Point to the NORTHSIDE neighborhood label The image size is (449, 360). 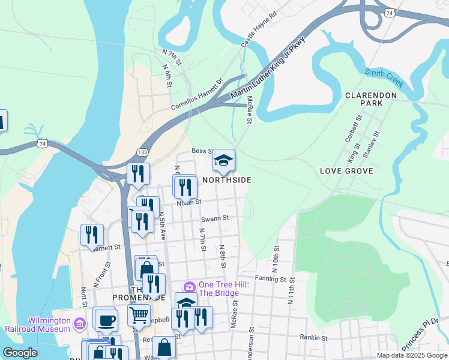(x=226, y=180)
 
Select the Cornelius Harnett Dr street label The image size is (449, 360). (x=196, y=94)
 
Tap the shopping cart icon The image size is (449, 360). (x=139, y=314)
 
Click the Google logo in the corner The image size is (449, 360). (x=20, y=353)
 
